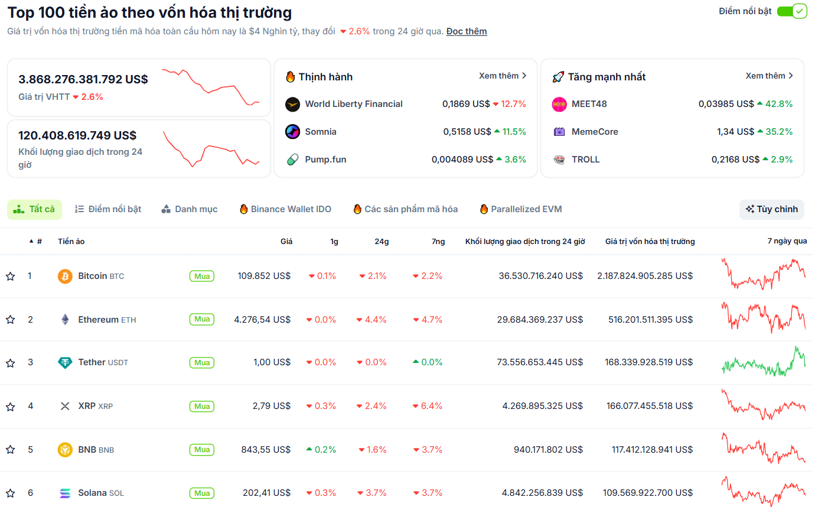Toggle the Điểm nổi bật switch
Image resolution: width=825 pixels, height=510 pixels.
click(791, 11)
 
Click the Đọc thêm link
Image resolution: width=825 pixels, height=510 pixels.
click(466, 31)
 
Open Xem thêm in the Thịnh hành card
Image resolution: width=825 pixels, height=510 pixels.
click(502, 76)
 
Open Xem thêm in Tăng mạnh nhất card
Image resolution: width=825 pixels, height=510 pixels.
click(769, 76)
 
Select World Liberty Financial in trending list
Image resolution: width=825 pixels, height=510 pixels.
click(353, 104)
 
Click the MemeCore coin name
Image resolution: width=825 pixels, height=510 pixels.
click(594, 132)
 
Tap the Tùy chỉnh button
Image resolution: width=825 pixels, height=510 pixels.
click(771, 209)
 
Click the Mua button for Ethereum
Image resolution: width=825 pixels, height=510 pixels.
click(202, 319)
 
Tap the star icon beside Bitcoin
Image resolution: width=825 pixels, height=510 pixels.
click(10, 276)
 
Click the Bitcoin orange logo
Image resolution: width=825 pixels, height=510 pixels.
click(65, 276)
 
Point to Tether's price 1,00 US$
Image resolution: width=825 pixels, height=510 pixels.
click(272, 362)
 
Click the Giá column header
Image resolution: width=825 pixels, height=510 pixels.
click(286, 241)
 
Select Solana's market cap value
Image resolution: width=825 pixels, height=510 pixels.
click(648, 493)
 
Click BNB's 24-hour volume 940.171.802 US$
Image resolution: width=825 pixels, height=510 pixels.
click(548, 450)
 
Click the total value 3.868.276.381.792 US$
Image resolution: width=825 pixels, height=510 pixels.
click(83, 79)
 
